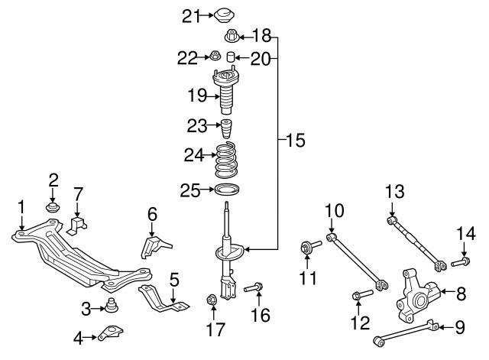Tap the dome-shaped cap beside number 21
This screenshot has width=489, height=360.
point(223,15)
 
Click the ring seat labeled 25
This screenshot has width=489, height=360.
point(227,190)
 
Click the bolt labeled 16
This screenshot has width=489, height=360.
point(254,288)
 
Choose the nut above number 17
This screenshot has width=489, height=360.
point(213,299)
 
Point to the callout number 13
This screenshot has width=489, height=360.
point(393,190)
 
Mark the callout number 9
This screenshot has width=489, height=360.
point(458,328)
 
